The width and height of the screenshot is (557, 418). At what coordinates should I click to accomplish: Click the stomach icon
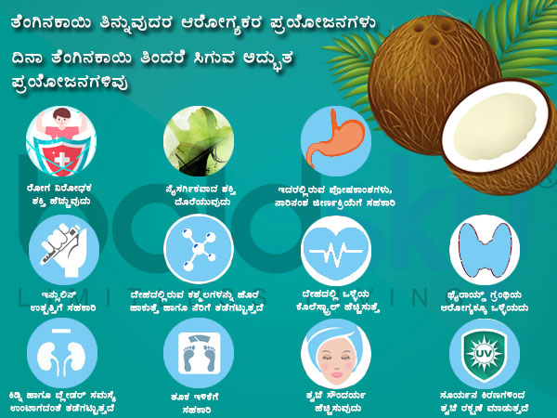click(x=336, y=139)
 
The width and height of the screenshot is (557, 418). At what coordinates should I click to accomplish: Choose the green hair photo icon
click(x=198, y=139)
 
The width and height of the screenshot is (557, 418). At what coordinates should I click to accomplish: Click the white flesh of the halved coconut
click(x=492, y=125)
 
